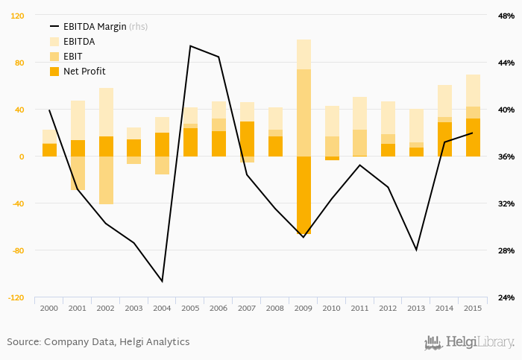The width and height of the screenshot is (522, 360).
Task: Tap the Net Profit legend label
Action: pos(84,72)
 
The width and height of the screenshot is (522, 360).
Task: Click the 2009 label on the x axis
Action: pos(304,307)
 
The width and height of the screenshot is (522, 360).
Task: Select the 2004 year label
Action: pos(162,307)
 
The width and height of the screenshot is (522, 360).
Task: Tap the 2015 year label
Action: pos(473,307)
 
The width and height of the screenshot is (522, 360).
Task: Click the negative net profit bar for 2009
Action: pos(304,195)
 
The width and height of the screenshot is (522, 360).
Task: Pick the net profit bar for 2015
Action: pos(473,138)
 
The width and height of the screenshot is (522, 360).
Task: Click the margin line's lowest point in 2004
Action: pos(162,281)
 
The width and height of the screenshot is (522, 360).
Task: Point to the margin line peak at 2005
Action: pos(190,46)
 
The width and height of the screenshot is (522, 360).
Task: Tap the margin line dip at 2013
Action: pos(416,250)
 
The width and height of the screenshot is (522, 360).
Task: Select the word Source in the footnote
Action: pos(23,342)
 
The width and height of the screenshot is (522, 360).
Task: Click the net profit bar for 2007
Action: pos(247,139)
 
